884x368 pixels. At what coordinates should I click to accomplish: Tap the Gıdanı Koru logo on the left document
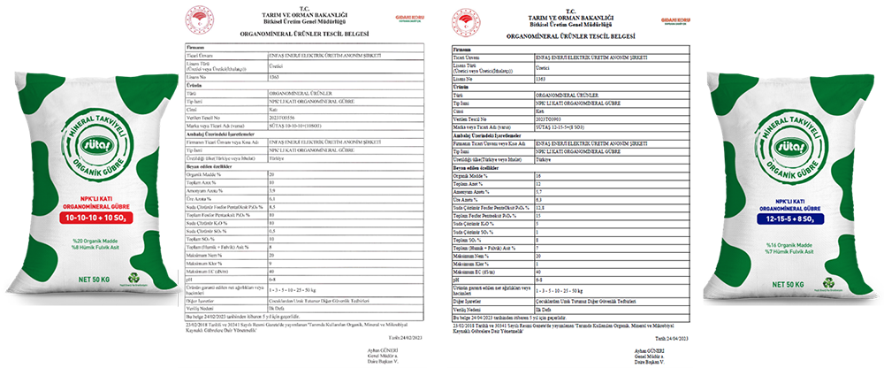388,18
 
